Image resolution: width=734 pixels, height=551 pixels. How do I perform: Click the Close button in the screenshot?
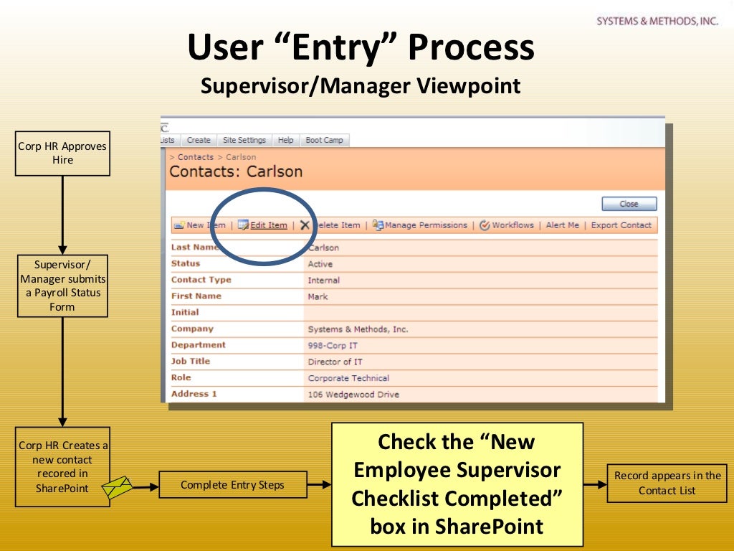[629, 204]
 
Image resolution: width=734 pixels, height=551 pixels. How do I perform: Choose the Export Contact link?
[621, 225]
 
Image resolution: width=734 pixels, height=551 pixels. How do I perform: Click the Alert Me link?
[562, 225]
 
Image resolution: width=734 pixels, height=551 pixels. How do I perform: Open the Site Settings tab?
[244, 141]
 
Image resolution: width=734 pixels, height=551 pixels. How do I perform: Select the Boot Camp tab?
[324, 141]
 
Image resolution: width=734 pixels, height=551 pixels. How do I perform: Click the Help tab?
[285, 141]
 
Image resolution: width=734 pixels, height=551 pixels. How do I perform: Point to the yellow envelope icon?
[118, 487]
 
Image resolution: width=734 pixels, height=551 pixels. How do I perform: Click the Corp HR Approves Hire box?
[62, 154]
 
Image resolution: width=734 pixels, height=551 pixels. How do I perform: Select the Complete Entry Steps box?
[232, 485]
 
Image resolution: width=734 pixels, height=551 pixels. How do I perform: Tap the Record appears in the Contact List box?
[667, 483]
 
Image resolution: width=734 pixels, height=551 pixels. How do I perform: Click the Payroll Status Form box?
[62, 286]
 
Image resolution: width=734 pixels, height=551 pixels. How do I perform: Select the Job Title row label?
[191, 362]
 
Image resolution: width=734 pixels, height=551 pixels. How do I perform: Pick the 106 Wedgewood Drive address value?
[353, 395]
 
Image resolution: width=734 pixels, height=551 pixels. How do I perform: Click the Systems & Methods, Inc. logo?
[657, 22]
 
